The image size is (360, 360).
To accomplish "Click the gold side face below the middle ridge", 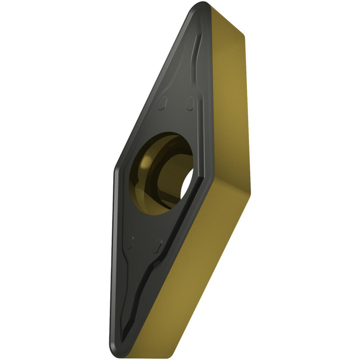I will click(202, 259).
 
